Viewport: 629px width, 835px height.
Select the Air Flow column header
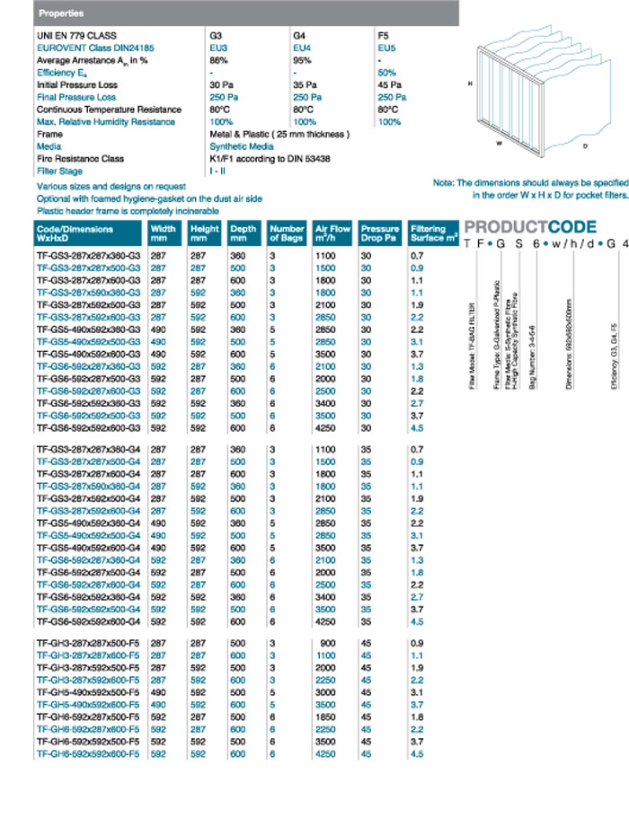tap(333, 233)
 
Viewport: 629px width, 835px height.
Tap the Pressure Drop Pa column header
tap(379, 233)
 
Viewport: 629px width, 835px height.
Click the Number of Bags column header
tap(288, 233)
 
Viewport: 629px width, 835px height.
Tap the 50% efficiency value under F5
tap(387, 72)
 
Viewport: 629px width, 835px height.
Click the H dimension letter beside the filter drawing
tap(470, 83)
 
